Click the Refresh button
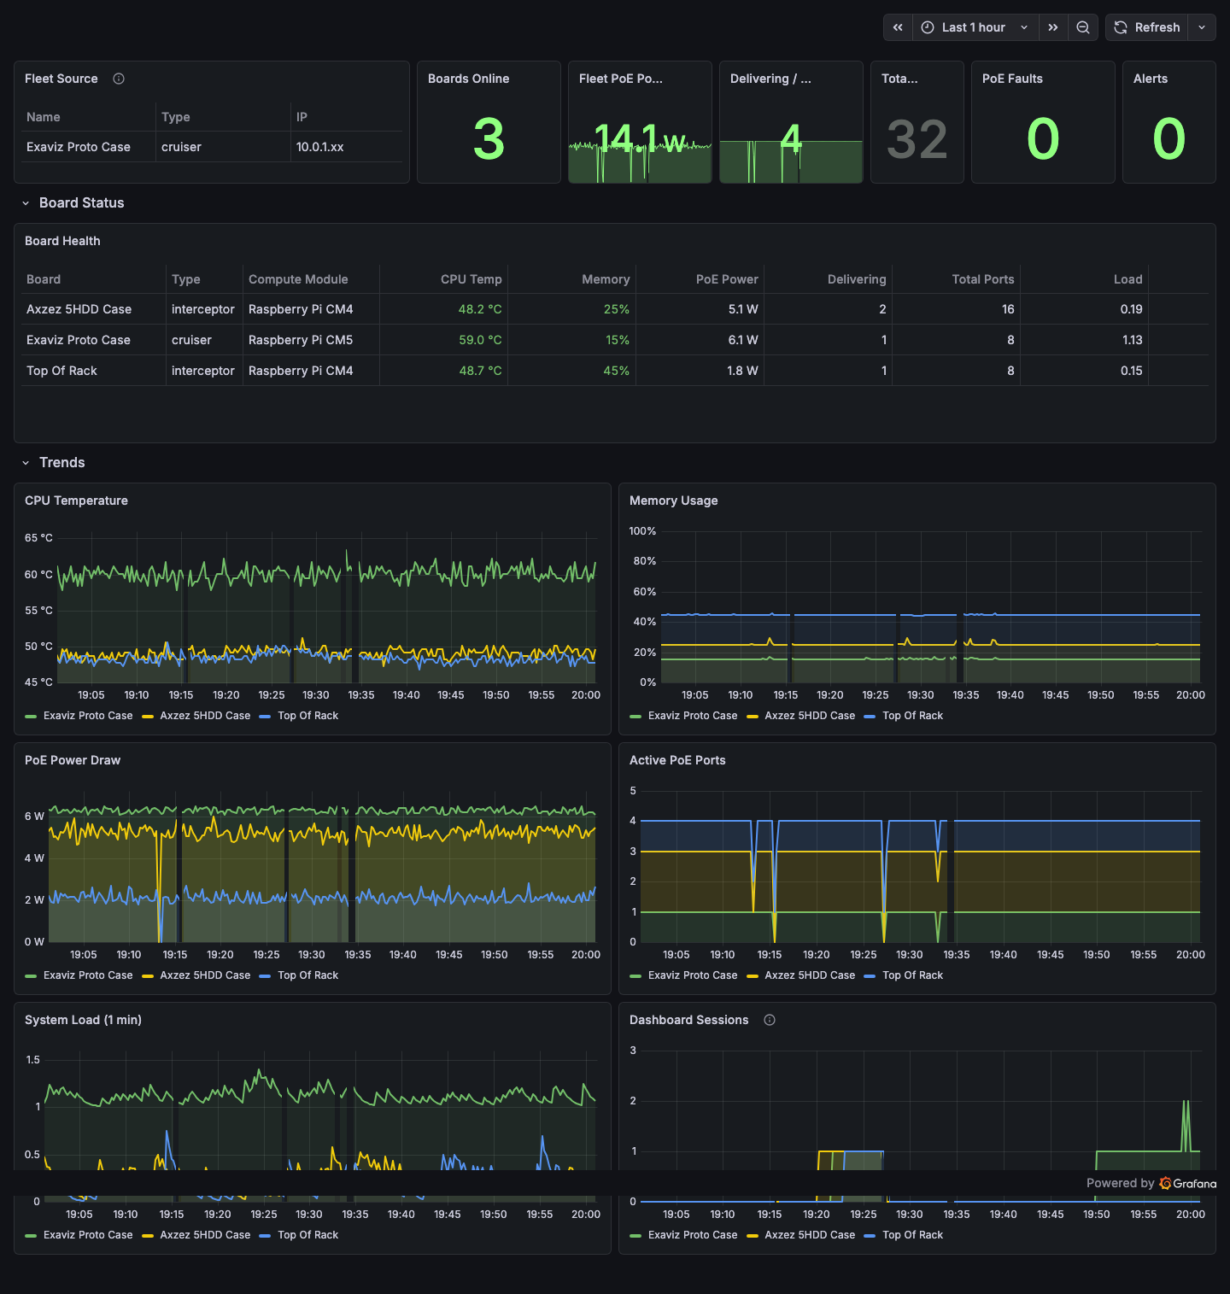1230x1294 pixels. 1147,27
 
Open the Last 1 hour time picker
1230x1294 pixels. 974,27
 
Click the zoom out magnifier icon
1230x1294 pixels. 1082,27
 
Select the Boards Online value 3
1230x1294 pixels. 489,139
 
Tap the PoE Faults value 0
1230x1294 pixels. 1042,139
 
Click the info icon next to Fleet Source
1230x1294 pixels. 119,79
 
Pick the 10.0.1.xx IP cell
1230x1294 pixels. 320,147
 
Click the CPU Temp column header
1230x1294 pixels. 471,279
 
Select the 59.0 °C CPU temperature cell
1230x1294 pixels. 480,340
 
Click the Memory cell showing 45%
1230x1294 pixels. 616,371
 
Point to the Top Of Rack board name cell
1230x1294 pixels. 61,371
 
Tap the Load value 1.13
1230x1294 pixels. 1132,340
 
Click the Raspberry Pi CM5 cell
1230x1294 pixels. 301,340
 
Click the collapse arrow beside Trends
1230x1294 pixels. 26,463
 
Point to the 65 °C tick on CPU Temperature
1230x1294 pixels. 38,538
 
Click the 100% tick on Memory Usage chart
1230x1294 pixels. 642,531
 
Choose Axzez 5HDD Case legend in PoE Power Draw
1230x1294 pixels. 205,975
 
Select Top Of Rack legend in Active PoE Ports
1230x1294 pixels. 912,975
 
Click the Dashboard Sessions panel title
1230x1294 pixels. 688,1020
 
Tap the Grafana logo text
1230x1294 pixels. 1193,1183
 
